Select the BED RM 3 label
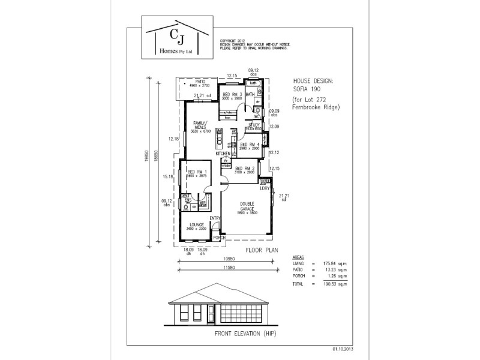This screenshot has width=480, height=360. click(232, 95)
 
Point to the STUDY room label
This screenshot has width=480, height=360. click(254, 125)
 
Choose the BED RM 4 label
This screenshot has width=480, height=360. click(250, 145)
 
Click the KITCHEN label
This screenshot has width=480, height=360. click(223, 154)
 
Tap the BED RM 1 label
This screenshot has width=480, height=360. click(197, 172)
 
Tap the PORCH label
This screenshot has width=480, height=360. click(220, 238)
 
